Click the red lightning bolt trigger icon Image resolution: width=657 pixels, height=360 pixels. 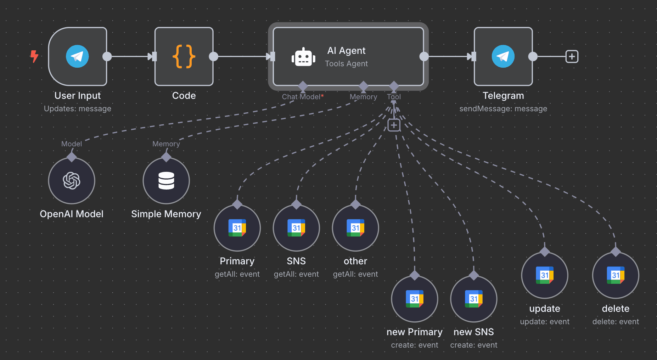tap(34, 56)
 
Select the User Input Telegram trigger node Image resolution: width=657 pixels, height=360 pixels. tap(77, 56)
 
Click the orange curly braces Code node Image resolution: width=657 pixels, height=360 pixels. tap(184, 56)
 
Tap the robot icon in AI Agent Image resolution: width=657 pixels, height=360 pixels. tap(303, 57)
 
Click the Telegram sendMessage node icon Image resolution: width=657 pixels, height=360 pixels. tap(503, 56)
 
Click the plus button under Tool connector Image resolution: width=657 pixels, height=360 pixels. tap(394, 125)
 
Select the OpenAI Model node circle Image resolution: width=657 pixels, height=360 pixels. tap(72, 181)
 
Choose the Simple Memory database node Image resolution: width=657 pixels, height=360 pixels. tap(166, 181)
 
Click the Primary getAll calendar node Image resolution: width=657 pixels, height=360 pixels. tap(237, 228)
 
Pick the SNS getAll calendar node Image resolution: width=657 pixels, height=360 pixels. tap(296, 228)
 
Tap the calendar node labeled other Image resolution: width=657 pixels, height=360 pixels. tap(355, 228)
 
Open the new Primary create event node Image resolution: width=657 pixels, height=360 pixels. tap(415, 299)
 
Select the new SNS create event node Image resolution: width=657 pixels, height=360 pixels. tap(474, 299)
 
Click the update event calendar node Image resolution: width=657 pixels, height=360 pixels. tap(545, 275)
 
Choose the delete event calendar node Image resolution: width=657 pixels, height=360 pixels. tap(616, 275)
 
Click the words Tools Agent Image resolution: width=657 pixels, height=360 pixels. tap(346, 64)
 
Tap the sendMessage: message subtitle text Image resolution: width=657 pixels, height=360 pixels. tap(503, 109)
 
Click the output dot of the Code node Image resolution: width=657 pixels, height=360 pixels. tap(214, 56)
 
